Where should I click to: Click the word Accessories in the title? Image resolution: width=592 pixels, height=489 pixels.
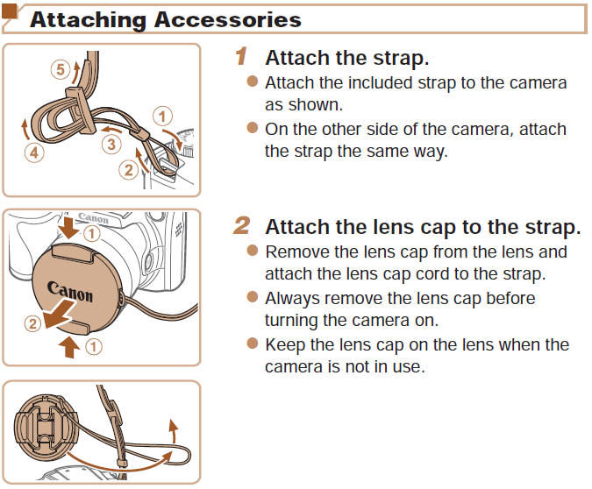[x=229, y=19]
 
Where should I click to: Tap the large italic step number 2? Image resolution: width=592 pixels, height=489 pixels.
[x=243, y=226]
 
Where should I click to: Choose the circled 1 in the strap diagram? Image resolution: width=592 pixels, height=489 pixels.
[x=161, y=115]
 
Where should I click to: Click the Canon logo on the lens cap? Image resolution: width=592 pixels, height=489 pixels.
[x=70, y=293]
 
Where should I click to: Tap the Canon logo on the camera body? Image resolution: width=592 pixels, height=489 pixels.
[x=94, y=217]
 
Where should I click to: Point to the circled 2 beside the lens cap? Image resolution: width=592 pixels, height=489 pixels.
[x=32, y=324]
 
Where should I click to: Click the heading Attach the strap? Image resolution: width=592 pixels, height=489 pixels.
[x=347, y=58]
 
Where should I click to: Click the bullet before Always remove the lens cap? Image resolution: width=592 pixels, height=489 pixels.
[x=253, y=297]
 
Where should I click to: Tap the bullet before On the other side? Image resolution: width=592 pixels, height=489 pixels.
[x=253, y=129]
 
